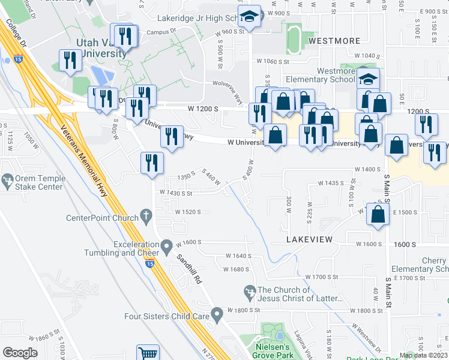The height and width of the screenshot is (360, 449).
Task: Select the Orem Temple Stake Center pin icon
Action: [8, 179]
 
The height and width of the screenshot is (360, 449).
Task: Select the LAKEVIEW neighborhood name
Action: [309, 239]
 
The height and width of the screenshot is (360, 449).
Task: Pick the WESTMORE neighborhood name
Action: [334, 41]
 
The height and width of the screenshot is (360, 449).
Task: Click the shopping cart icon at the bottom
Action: [147, 353]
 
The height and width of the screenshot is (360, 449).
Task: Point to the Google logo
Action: [20, 352]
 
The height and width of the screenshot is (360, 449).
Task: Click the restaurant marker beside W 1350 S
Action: [152, 163]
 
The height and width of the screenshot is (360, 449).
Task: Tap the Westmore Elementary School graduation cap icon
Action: [368, 79]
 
